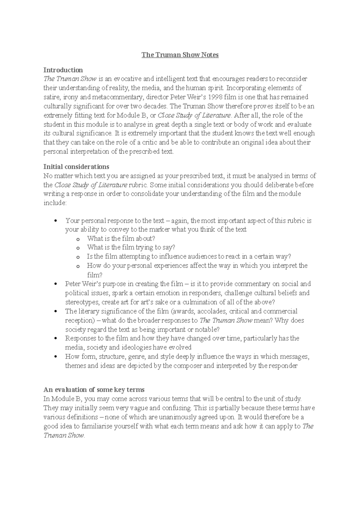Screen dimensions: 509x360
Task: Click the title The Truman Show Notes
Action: tap(180, 55)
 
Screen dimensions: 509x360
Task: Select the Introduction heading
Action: tap(63, 70)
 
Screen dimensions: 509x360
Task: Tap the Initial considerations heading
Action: tap(76, 166)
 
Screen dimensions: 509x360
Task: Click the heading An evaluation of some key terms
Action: tap(94, 389)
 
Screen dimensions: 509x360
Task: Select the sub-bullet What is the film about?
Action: tap(121, 239)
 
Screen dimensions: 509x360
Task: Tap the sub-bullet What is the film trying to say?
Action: tap(131, 247)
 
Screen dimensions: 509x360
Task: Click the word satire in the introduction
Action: tap(51, 97)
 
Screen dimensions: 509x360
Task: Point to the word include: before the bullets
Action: tap(55, 203)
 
